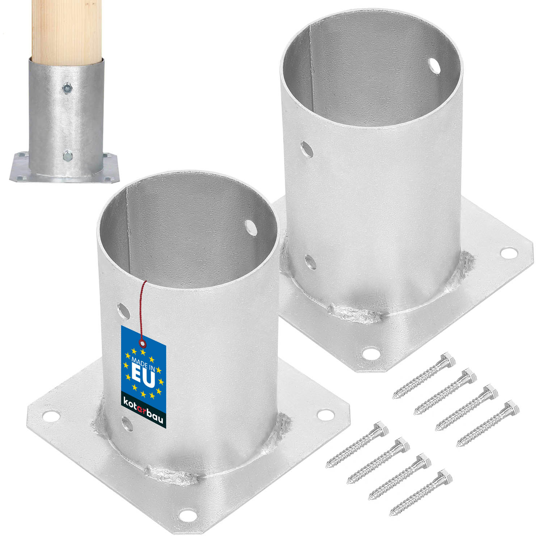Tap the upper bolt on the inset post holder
pos(67,87)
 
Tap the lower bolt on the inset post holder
pos(67,156)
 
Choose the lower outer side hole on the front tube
pos(127,424)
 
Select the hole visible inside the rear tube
pos(434,66)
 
